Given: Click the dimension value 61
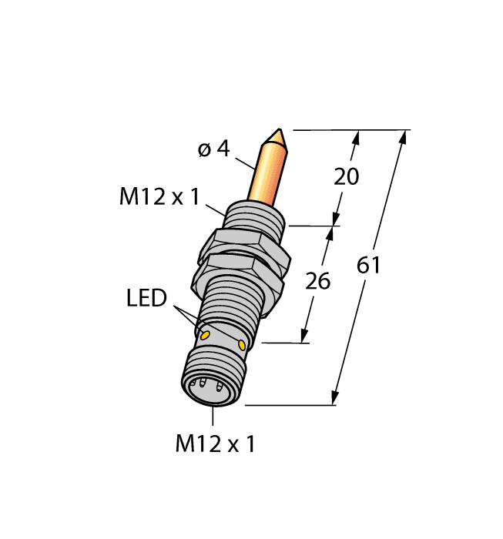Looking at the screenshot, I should [x=369, y=266].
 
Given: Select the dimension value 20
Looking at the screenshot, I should [x=346, y=176].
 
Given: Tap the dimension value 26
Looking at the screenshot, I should [x=317, y=281].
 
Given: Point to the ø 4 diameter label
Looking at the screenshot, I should [x=213, y=149].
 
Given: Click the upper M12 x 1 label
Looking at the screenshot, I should [x=159, y=198].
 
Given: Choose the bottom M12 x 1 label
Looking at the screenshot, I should [x=215, y=444].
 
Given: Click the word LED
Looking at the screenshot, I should [x=146, y=298].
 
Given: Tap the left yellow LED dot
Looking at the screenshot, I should [x=205, y=335].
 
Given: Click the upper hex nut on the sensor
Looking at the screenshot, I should [x=244, y=245].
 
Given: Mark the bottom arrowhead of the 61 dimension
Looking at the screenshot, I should [x=335, y=397].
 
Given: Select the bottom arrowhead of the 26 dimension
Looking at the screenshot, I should [x=304, y=336].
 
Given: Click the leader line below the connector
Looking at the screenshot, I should [x=213, y=417].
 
